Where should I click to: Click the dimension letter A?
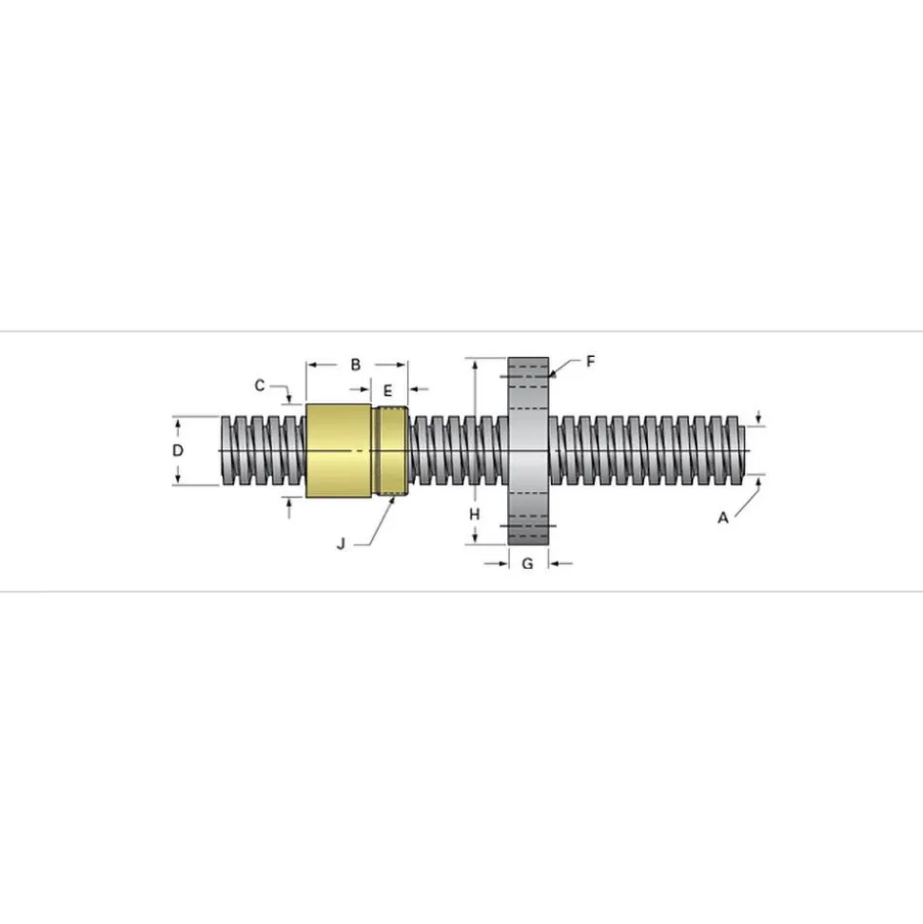[x=722, y=518]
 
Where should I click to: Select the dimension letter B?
[x=356, y=364]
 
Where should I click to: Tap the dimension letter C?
[x=260, y=385]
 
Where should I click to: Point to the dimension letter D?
[x=177, y=451]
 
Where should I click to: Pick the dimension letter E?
[x=388, y=391]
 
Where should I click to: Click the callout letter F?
[x=591, y=362]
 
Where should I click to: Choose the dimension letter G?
[x=527, y=564]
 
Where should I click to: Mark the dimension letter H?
[x=475, y=515]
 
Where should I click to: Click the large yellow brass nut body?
[x=339, y=451]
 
